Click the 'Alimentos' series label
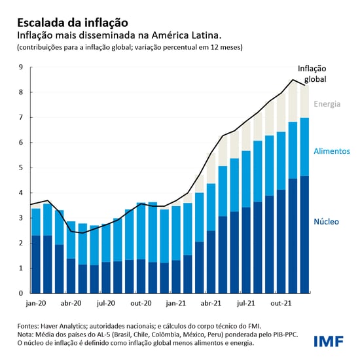pyautogui.click(x=332, y=151)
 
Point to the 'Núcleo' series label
pyautogui.click(x=326, y=222)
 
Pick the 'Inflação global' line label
pyautogui.click(x=312, y=73)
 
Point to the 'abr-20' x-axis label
pyautogui.click(x=71, y=304)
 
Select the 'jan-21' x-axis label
pyautogui.click(x=176, y=304)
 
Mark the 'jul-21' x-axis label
pyautogui.click(x=246, y=304)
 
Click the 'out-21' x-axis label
pyautogui.click(x=281, y=304)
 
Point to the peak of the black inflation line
pyautogui.click(x=292, y=80)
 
